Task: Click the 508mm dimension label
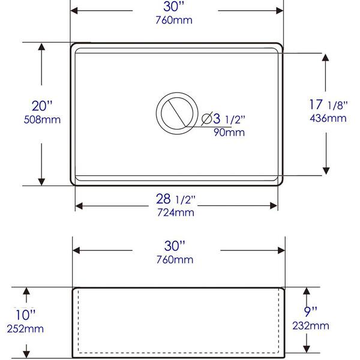42,119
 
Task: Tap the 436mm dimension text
328,118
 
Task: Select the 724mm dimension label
176,212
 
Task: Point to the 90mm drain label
229,133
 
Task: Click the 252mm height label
25,329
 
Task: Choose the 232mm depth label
311,326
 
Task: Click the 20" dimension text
42,106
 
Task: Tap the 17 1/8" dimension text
328,104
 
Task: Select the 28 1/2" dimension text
176,199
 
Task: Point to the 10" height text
25,315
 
